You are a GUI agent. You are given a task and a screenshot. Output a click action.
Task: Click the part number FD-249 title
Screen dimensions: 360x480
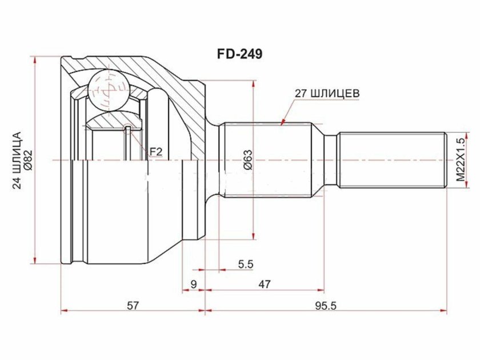coord(239,55)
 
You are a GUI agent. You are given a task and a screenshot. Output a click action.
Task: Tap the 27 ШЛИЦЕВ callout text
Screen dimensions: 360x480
coord(326,93)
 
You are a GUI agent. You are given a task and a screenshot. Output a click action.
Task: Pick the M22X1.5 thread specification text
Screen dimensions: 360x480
coord(461,159)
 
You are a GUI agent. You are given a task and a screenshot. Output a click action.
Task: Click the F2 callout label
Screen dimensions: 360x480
coord(156,151)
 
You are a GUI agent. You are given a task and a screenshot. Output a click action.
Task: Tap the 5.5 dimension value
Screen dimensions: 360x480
coord(245,264)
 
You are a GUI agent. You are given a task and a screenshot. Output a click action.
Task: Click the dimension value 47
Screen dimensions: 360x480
coord(264,284)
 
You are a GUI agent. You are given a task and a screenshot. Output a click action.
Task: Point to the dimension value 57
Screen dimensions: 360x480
coord(133,305)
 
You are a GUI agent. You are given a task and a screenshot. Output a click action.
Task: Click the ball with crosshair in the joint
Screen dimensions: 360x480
coord(107,89)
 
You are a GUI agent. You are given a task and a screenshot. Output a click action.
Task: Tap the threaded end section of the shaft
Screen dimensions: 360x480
coord(391,160)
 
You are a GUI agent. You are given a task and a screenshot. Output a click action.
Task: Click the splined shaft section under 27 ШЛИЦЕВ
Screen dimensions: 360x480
coord(266,160)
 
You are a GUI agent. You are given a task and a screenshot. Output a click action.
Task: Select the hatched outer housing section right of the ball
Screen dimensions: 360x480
coord(171,91)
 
